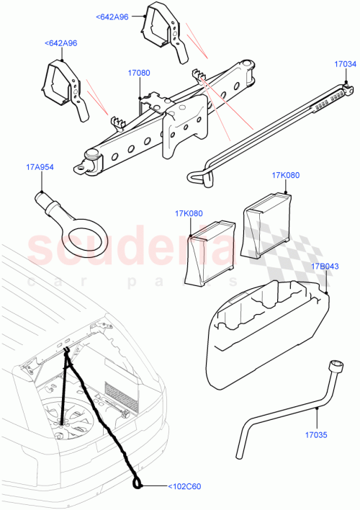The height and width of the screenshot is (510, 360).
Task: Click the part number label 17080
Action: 139,73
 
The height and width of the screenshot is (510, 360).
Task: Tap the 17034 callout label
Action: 345,64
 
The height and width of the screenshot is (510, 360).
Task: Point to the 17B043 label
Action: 323,267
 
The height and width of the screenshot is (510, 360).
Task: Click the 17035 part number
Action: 315,434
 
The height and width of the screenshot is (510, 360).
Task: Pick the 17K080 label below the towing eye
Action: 189,213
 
